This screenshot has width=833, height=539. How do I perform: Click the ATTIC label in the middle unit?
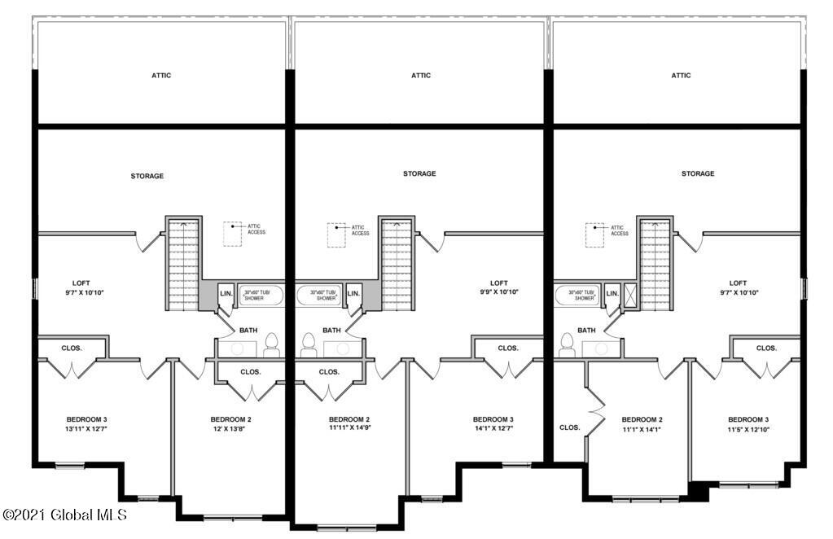click(x=421, y=76)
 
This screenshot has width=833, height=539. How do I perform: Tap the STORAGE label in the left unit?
click(x=147, y=176)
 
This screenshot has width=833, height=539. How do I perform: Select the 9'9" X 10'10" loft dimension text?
click(x=499, y=291)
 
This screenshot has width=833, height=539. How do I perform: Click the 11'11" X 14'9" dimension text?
click(x=349, y=427)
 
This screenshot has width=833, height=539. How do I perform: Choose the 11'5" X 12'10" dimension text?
click(x=748, y=430)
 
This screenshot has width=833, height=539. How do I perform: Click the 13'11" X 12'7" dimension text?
click(x=86, y=428)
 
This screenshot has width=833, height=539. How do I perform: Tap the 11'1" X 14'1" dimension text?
click(x=641, y=430)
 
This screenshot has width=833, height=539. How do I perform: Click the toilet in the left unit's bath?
click(x=271, y=345)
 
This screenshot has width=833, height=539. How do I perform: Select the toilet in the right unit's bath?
click(x=567, y=345)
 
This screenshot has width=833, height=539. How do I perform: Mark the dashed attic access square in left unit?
click(x=232, y=234)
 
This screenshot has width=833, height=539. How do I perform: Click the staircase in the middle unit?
click(x=397, y=263)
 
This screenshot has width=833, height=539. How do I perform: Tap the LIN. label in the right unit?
click(x=612, y=293)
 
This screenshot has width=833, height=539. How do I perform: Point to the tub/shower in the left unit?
click(x=261, y=296)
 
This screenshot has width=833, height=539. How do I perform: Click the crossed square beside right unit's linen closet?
click(x=630, y=296)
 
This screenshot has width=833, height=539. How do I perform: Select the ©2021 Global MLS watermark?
click(x=65, y=515)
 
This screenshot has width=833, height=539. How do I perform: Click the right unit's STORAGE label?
click(x=698, y=173)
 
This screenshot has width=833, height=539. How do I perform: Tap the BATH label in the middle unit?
click(x=331, y=331)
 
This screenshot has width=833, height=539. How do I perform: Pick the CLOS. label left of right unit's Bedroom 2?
click(x=569, y=427)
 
